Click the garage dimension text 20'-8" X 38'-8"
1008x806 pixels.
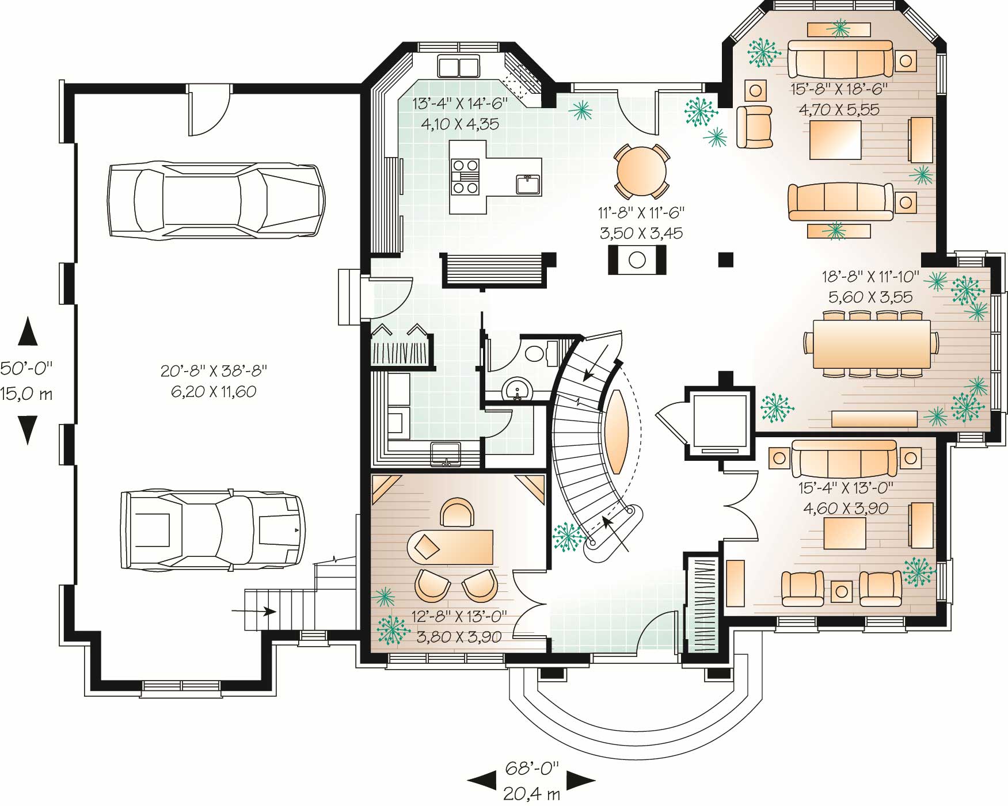214,370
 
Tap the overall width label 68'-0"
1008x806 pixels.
531,767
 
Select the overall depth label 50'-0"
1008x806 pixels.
26,368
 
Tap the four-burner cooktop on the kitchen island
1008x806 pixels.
465,176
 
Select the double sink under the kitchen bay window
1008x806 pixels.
459,67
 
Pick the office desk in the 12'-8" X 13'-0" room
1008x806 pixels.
450,547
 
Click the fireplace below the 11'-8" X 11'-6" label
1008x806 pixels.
637,259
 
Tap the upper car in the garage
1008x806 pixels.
214,200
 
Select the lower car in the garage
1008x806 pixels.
212,529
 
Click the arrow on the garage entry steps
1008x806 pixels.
254,611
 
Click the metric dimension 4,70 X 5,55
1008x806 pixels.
839,109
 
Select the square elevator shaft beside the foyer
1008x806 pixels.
719,422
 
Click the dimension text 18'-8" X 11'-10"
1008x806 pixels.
870,277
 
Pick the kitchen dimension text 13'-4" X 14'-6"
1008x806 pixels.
459,104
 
